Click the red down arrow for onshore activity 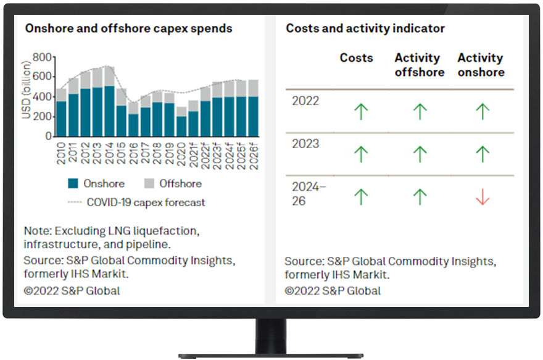click(483, 197)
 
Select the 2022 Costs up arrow click(361, 112)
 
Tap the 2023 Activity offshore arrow click(420, 154)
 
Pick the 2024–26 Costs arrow click(361, 197)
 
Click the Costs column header click(357, 57)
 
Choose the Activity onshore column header click(481, 65)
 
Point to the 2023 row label click(305, 143)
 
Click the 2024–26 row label click(309, 194)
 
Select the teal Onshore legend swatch click(73, 183)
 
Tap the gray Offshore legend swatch click(149, 183)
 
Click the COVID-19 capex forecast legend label click(146, 202)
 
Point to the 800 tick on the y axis click(42, 57)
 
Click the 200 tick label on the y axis click(42, 117)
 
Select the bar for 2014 click(109, 101)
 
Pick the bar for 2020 click(181, 121)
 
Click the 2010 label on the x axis click(61, 153)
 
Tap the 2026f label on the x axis click(254, 156)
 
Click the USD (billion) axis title click(26, 90)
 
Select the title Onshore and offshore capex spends click(128, 28)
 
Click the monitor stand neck click(271, 336)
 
